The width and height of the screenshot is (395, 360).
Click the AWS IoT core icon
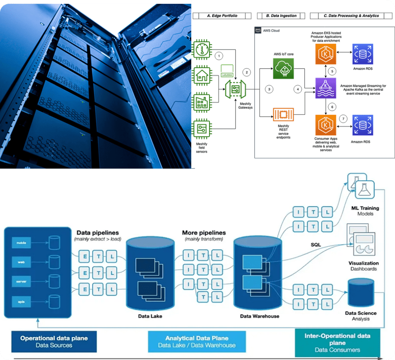tap(284, 69)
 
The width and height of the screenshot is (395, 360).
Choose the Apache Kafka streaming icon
tap(326, 88)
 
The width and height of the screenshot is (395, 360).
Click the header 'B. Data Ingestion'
tap(282, 16)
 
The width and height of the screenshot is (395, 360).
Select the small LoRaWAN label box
tap(226, 68)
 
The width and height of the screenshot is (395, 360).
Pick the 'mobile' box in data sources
tap(21, 243)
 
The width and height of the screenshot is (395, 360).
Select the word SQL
tap(316, 244)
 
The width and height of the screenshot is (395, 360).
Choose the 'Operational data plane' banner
tap(54, 341)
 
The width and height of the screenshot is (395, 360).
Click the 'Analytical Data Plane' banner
tap(196, 341)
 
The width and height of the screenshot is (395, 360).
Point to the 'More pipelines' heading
tap(204, 233)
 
